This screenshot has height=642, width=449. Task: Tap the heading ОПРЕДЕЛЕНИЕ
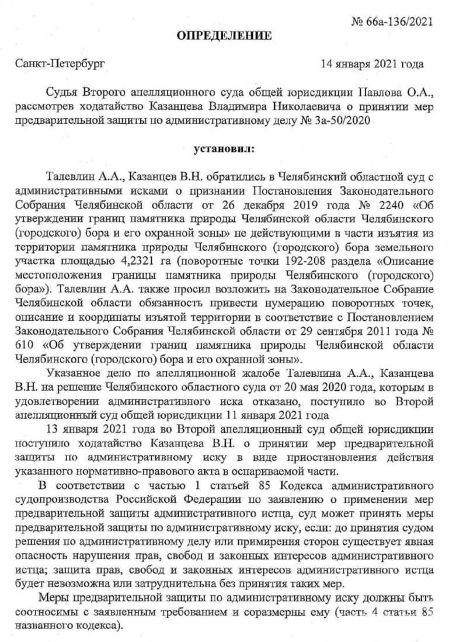pyautogui.click(x=224, y=37)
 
